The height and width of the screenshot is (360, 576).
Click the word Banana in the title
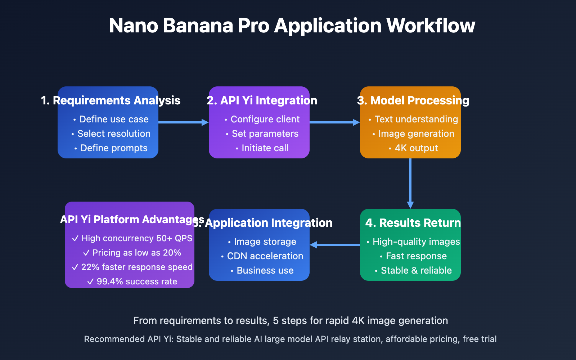198,26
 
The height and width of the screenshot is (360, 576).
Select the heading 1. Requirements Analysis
111,100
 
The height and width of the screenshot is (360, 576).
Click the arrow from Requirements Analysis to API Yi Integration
183,122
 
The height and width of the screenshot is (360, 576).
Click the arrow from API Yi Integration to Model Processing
334,122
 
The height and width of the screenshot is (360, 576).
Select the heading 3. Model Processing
413,100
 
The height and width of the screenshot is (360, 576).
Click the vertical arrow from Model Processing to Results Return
410,183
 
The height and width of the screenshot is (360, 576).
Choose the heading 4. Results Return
413,223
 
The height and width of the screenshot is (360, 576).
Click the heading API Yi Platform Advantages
132,220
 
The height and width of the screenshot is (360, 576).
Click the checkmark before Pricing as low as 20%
86,253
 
